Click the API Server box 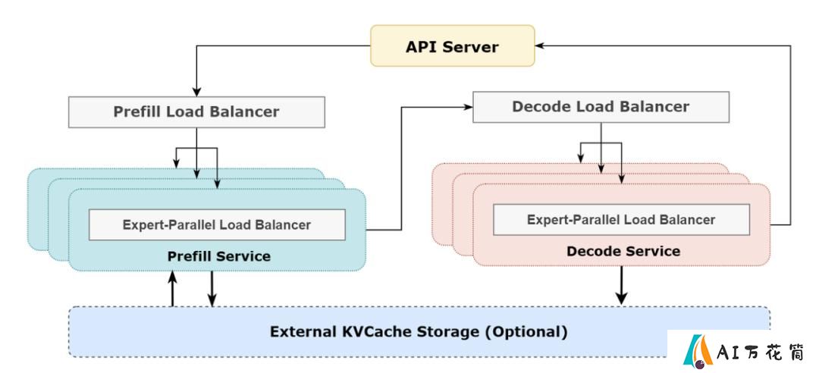coord(452,46)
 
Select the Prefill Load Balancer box coord(196,111)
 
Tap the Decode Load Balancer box coord(601,107)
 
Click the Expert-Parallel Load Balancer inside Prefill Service coord(217,224)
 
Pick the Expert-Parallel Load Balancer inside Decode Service coord(621,219)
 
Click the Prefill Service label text coord(219,256)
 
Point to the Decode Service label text coord(623,251)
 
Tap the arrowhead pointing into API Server coord(540,46)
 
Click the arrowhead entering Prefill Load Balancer coord(196,92)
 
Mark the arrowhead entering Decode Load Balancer coord(469,107)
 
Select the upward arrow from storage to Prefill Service coord(172,289)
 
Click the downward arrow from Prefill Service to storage coord(212,289)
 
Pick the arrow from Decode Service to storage coord(621,285)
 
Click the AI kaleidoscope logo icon coord(698,349)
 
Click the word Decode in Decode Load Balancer coord(541,107)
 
